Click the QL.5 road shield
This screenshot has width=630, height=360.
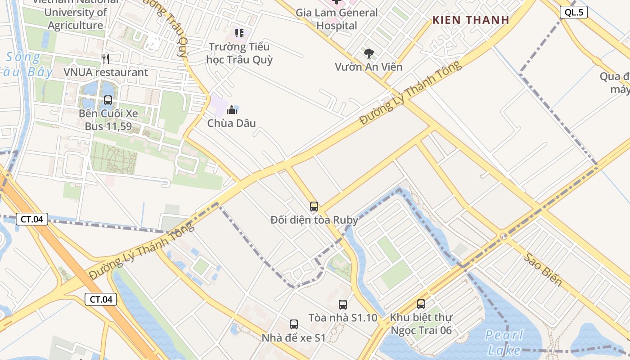click(x=574, y=12)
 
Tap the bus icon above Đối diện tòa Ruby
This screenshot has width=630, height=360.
click(x=314, y=207)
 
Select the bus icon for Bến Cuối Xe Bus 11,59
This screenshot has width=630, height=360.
click(x=108, y=100)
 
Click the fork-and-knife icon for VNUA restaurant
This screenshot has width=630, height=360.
click(x=106, y=58)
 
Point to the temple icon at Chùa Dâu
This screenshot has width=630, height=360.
click(x=232, y=109)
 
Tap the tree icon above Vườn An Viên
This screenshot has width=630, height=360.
click(x=369, y=54)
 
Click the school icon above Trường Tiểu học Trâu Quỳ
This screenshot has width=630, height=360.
click(x=239, y=33)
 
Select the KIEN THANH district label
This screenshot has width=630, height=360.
click(x=471, y=20)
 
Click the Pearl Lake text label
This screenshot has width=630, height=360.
click(x=504, y=342)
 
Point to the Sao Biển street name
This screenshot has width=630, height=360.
click(x=543, y=269)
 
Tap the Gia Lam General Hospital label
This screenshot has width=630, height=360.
click(x=337, y=19)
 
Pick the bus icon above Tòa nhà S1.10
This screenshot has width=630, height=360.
click(x=343, y=304)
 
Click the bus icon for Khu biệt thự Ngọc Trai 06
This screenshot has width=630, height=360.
click(x=421, y=304)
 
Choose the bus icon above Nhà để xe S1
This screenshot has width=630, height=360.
click(x=294, y=324)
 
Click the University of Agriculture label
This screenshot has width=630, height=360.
click(x=76, y=18)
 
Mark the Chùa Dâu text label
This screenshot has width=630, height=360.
click(x=231, y=123)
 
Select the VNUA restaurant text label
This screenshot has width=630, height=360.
click(x=106, y=72)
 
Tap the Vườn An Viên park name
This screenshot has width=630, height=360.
click(x=369, y=67)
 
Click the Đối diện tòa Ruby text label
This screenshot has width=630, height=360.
click(x=315, y=220)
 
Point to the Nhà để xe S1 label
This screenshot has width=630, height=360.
click(x=293, y=337)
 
